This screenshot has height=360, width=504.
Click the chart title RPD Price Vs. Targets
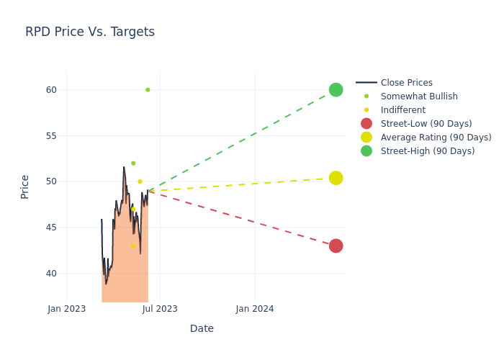point(90,32)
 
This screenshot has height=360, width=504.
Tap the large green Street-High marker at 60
point(336,90)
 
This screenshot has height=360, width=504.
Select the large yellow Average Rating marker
point(336,178)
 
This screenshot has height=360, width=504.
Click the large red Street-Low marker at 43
point(336,246)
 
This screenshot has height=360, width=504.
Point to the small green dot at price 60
point(148,90)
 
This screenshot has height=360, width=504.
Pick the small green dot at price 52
point(133,163)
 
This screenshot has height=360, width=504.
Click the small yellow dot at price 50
point(140,181)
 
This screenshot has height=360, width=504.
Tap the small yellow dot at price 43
point(133,246)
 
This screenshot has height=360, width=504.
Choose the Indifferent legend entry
point(402,110)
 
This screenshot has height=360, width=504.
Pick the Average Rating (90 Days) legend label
point(436,138)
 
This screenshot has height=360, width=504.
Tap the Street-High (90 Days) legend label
point(428,151)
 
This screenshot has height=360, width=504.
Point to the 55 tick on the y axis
point(51,136)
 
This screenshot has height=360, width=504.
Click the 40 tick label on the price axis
point(51,274)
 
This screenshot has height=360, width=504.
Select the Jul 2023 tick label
point(160,309)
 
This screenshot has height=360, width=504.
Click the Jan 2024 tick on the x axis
point(255,309)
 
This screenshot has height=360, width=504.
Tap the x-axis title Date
point(202,329)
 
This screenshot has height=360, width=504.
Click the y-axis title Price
point(25,186)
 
